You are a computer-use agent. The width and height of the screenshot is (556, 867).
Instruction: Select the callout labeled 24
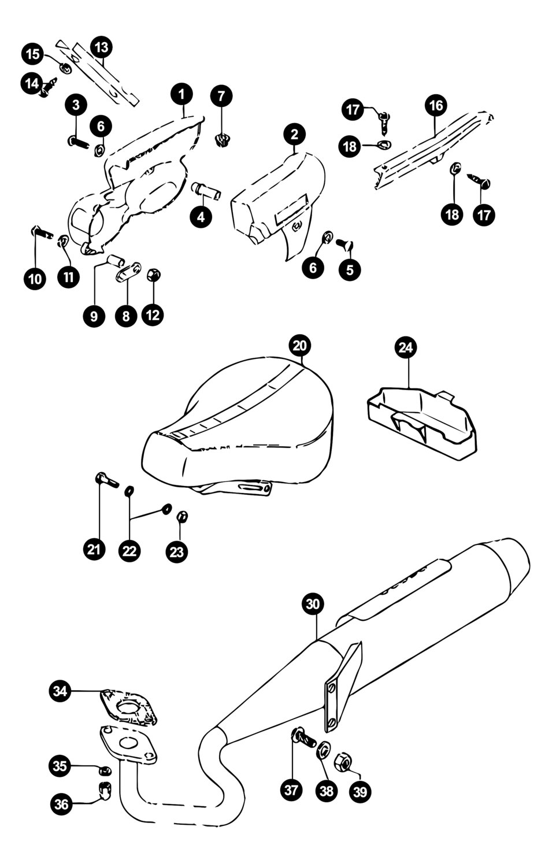[x=406, y=347]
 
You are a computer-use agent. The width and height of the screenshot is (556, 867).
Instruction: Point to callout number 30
[x=313, y=605]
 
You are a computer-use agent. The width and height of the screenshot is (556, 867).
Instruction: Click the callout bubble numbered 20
[x=301, y=346]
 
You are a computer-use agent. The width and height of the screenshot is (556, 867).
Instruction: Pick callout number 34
[x=61, y=691]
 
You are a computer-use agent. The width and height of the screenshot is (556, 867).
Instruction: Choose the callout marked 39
[x=359, y=791]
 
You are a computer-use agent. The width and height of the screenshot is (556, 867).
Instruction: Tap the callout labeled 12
[x=154, y=316]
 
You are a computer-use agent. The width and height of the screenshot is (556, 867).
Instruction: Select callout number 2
[x=295, y=135]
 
